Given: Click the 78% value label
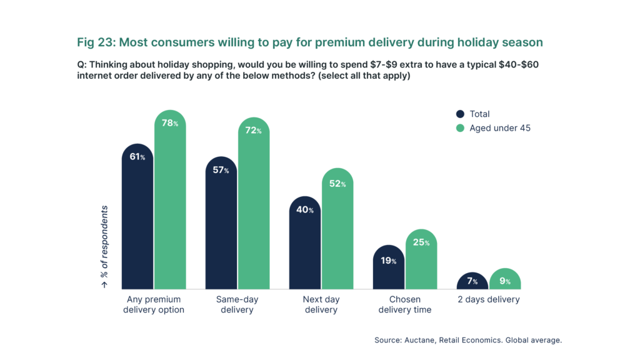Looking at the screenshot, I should (169, 123).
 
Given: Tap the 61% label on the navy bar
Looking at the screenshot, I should (137, 157).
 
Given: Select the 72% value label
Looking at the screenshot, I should (253, 131).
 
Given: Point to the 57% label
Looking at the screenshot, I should (221, 170).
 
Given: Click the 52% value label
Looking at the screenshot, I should (337, 184).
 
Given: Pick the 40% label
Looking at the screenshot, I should (304, 210).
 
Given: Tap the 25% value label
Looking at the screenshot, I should (421, 242).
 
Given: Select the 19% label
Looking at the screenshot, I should (388, 261).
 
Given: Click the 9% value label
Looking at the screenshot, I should (504, 281).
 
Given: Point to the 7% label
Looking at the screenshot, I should (472, 281).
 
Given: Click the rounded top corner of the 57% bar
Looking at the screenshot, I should (210, 161).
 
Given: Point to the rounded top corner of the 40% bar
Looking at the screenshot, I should (294, 201).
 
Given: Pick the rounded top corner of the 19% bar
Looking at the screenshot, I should (377, 249).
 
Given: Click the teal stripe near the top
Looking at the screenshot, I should (320, 43).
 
